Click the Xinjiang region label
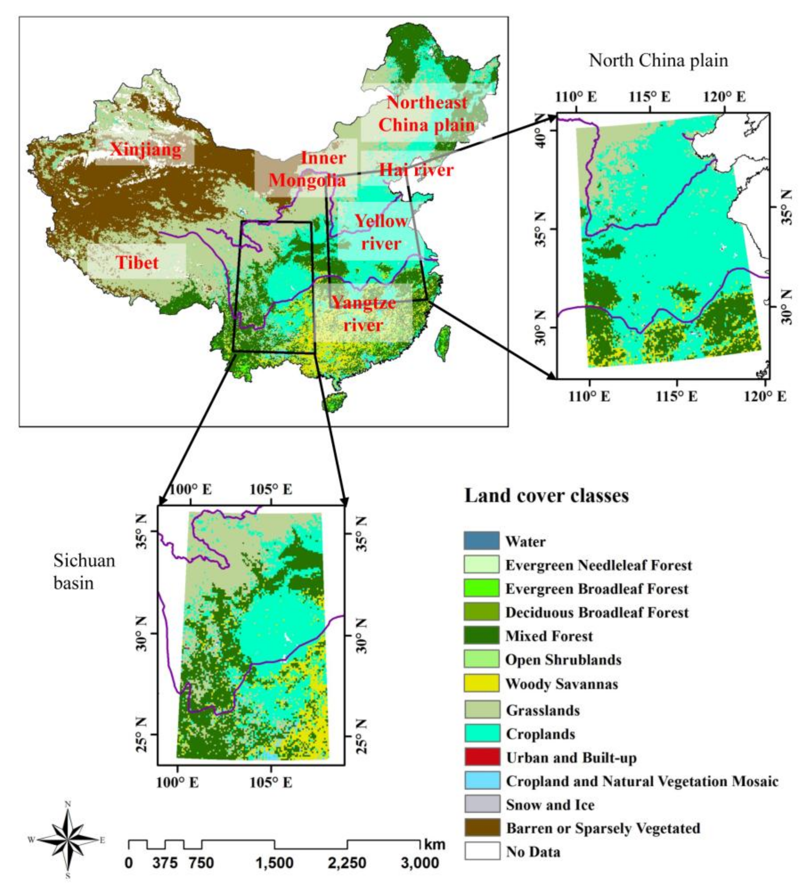click(145, 150)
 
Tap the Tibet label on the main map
click(137, 262)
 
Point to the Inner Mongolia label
click(307, 169)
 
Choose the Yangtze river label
click(363, 313)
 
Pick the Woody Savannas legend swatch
click(481, 684)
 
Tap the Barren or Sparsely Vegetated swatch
click(481, 828)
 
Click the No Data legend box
click(481, 852)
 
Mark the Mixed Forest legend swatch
click(481, 636)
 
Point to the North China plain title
click(658, 61)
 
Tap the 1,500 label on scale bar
click(274, 863)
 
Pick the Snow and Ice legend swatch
click(481, 804)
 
